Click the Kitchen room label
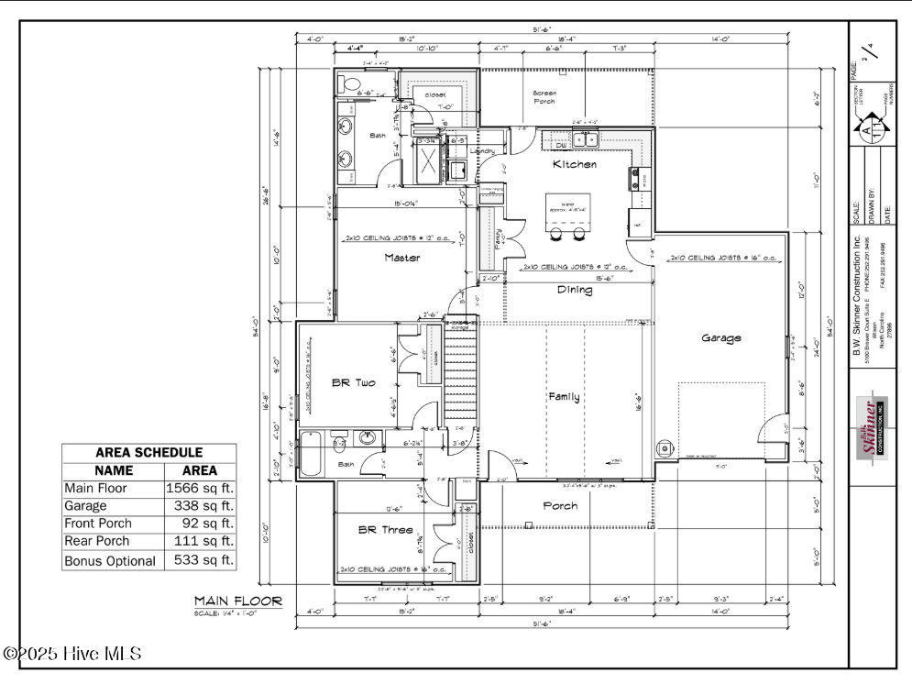[575, 165]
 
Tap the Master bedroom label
[402, 258]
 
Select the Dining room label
[575, 290]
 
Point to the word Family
[564, 397]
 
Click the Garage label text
[721, 337]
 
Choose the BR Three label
[378, 530]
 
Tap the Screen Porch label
[544, 97]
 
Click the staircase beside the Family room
[461, 376]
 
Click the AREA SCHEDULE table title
[148, 453]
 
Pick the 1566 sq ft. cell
[200, 489]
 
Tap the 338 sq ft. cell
[200, 506]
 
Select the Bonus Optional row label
[110, 560]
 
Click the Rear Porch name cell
[97, 542]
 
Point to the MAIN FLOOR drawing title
[237, 601]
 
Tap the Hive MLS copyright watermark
[72, 654]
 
